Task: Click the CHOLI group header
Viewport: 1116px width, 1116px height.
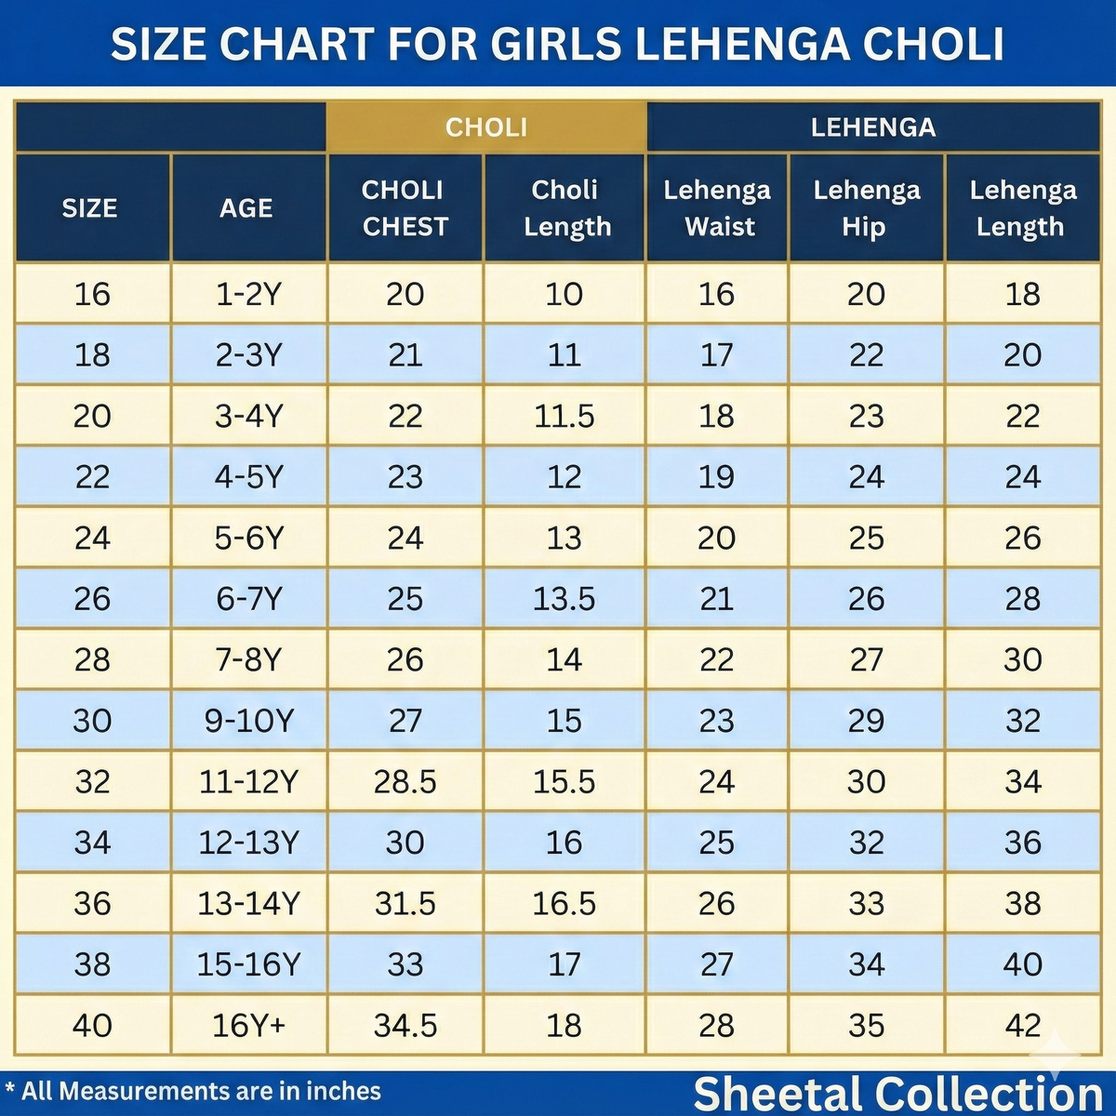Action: tap(485, 127)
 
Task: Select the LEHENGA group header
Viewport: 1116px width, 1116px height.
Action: tap(872, 127)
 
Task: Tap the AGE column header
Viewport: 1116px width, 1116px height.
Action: tap(246, 208)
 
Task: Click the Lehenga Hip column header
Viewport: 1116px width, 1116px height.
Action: tap(866, 208)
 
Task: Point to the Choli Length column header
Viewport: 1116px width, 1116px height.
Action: tap(565, 208)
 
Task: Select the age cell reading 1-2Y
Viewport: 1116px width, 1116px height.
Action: tap(247, 295)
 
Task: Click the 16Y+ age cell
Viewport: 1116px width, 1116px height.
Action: tap(248, 1026)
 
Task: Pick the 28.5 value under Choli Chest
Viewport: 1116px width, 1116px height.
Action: tap(405, 782)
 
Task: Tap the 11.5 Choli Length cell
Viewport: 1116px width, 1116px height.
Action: tap(564, 417)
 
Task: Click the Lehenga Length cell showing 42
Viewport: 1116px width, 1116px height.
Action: tap(1022, 1026)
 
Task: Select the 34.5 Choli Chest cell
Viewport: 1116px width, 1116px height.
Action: tap(405, 1026)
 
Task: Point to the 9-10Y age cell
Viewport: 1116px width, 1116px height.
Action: tap(248, 721)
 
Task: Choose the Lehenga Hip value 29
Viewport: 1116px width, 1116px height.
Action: tap(866, 721)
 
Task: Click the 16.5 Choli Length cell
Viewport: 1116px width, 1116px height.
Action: tap(564, 904)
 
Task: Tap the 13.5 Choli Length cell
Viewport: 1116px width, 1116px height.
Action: tap(564, 599)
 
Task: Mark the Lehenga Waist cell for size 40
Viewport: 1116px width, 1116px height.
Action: tap(716, 1026)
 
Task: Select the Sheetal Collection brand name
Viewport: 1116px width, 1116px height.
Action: tap(897, 1094)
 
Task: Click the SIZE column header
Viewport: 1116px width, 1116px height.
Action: tap(90, 208)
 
